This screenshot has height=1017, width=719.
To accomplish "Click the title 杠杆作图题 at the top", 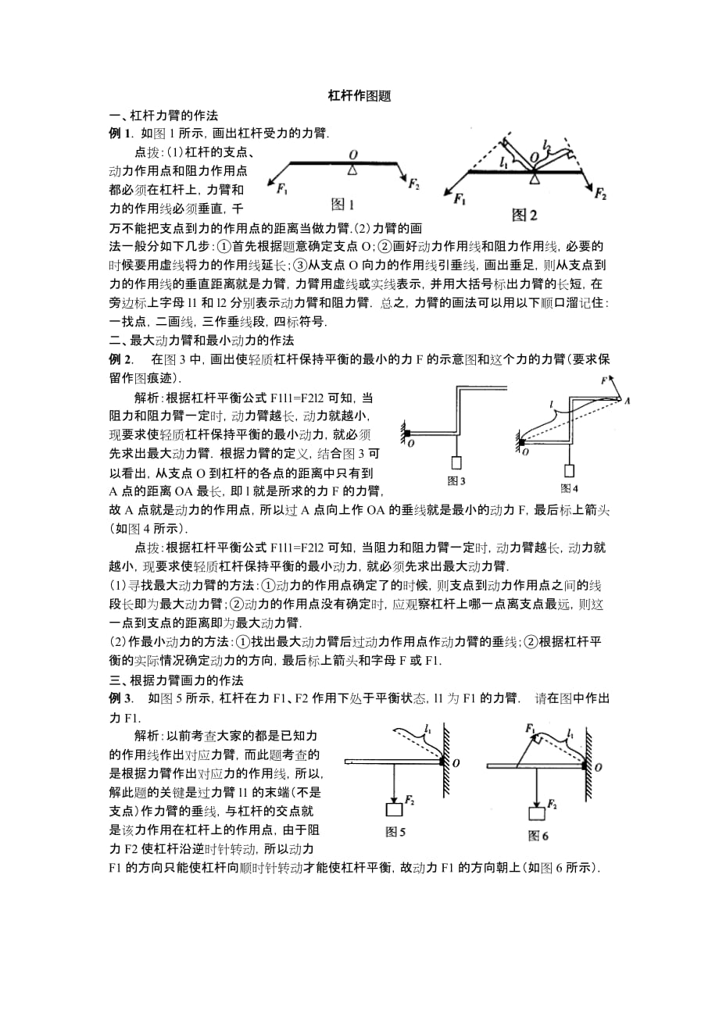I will tap(359, 98).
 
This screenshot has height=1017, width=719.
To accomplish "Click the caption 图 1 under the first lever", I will tap(343, 205).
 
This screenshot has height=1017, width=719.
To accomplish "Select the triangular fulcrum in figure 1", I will tap(354, 169).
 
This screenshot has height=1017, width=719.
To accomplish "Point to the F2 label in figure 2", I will tap(600, 193).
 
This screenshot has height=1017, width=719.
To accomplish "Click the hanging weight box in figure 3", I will tap(456, 463).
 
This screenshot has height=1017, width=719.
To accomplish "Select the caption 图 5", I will tap(396, 833).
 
